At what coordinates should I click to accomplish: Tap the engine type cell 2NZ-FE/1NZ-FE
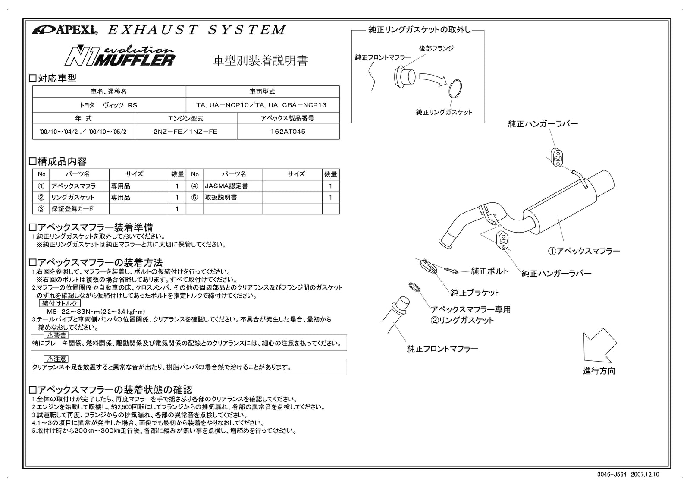185,132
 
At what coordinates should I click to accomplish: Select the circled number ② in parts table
41,197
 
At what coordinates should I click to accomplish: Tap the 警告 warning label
56,335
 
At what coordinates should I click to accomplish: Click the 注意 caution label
56,359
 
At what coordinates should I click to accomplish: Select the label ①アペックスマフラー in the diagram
584,251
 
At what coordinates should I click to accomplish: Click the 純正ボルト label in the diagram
489,271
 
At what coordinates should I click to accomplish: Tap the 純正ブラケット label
475,293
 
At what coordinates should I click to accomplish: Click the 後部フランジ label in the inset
436,48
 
